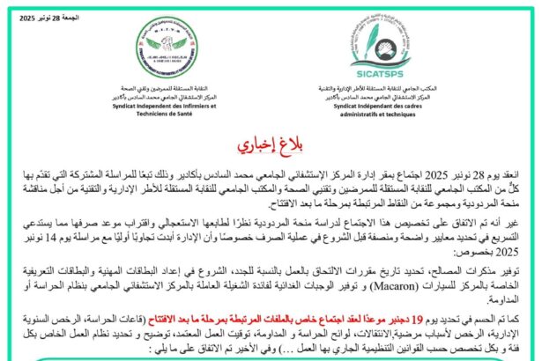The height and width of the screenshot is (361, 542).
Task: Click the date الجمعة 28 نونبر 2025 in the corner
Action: coord(38,17)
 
